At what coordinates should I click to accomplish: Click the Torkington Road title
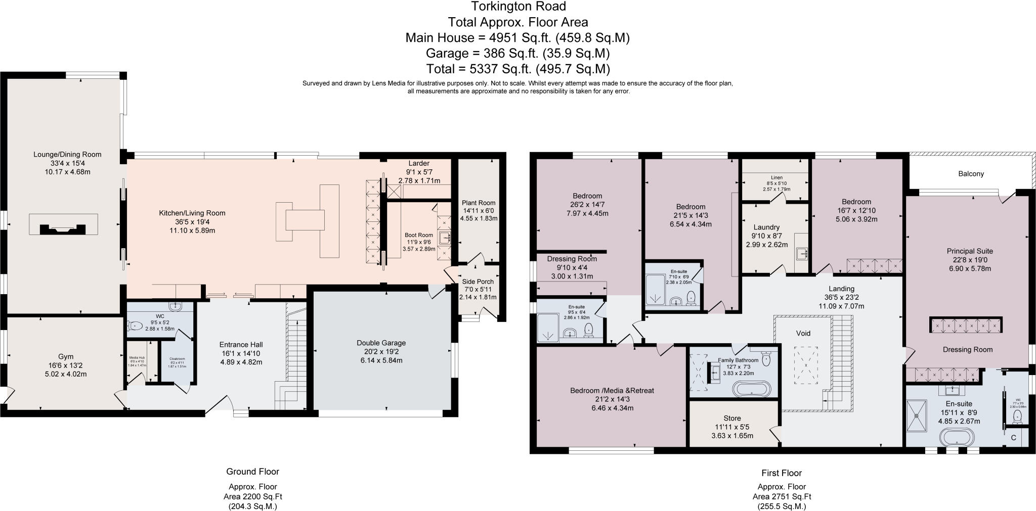(x=518, y=7)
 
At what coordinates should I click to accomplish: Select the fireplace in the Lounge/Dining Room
(x=63, y=224)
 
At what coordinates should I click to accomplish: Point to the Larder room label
(x=419, y=163)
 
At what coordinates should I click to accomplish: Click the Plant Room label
(x=478, y=203)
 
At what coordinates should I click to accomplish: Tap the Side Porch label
(x=478, y=282)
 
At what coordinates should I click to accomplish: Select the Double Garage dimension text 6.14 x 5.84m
(x=381, y=360)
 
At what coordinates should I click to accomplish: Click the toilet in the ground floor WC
(x=135, y=327)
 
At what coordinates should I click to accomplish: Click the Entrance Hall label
(x=240, y=345)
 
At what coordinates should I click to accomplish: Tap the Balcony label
(x=971, y=174)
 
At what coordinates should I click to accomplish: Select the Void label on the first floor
(x=803, y=333)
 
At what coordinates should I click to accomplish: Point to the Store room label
(x=732, y=418)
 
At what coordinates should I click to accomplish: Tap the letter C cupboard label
(x=1013, y=438)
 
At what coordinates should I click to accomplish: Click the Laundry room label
(x=766, y=227)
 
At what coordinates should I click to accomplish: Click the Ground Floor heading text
(x=252, y=472)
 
